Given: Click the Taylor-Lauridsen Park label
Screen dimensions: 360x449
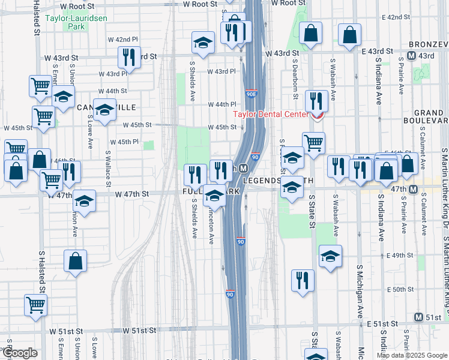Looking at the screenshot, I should (67, 23).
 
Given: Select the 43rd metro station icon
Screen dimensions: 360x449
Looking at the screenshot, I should (412, 55).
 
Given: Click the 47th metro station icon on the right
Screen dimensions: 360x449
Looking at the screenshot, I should (414, 190).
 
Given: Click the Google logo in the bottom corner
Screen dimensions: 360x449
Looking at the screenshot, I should (20, 353).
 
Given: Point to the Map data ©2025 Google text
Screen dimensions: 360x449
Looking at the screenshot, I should (412, 355).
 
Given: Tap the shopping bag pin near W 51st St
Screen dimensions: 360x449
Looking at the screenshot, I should (76, 262).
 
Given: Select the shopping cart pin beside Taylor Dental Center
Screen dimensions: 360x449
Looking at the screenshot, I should (313, 143).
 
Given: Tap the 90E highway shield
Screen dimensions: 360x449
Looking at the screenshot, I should (253, 94).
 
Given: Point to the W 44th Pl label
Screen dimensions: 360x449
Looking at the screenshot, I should (221, 104).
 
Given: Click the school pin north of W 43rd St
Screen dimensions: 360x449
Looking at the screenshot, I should (203, 43).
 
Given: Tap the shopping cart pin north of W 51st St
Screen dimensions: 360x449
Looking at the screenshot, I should (36, 305).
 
